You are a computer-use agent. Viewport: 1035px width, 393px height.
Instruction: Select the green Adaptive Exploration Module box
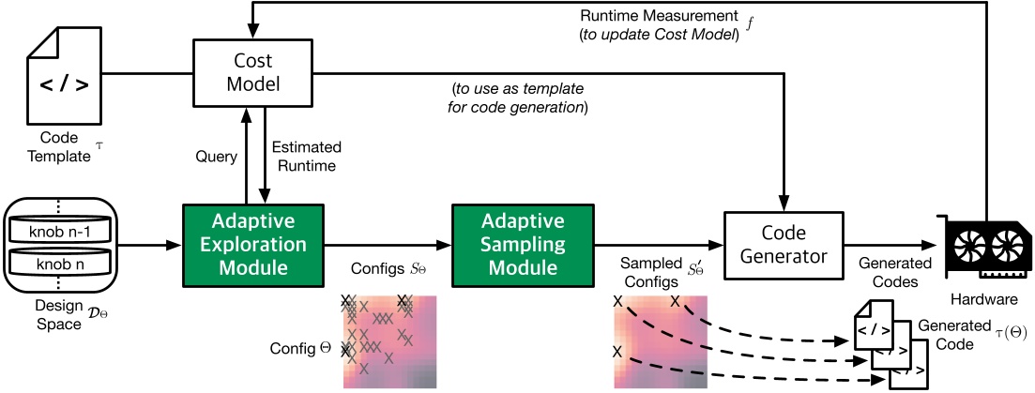(x=252, y=246)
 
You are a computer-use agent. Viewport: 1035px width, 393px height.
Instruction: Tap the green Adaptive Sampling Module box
(x=523, y=246)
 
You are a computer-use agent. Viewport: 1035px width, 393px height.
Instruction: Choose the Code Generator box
(x=783, y=246)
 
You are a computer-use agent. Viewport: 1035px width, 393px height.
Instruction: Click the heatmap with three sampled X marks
(x=661, y=341)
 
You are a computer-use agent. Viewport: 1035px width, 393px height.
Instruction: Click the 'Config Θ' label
(x=300, y=348)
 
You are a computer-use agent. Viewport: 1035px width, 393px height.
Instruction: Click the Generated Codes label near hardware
(x=895, y=272)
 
